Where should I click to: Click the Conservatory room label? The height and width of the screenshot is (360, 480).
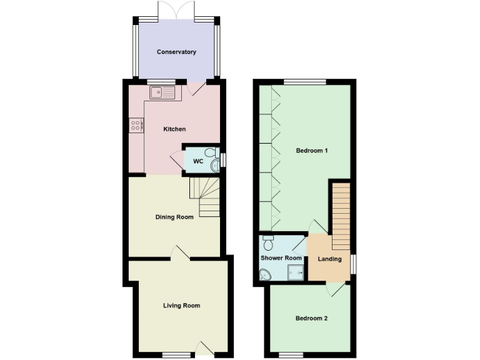pos(177,52)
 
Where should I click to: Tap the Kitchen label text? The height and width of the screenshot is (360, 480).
pos(174,129)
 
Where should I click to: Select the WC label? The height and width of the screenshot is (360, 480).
pos(197,161)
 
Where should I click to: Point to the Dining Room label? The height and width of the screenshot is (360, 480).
pos(174,217)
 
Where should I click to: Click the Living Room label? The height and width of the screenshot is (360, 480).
pos(181,306)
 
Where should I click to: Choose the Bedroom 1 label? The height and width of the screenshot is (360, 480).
pos(312,151)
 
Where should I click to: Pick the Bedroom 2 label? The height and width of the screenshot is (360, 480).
pos(311,318)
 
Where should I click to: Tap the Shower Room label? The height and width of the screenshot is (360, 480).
pos(281,258)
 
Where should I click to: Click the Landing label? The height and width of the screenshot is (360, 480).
pos(329,259)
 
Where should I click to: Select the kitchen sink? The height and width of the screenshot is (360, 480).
pos(164,93)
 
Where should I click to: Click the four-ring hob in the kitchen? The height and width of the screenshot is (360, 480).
pos(136,125)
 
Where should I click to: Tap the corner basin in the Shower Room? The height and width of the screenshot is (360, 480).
pos(266,274)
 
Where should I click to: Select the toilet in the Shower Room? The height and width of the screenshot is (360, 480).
pos(268,238)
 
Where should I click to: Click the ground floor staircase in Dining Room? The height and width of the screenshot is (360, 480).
pos(205,196)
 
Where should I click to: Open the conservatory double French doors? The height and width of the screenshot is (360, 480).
pos(176,11)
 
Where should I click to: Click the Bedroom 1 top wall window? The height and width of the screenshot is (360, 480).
pos(304,81)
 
